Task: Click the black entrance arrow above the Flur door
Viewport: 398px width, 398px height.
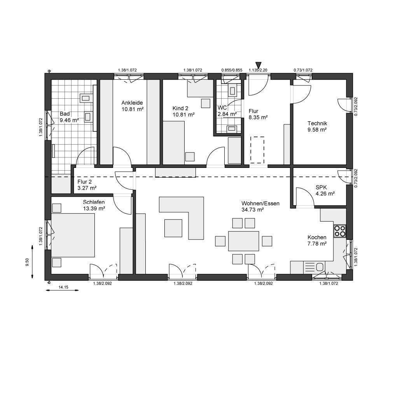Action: click(258, 65)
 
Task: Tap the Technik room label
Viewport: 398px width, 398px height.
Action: click(317, 124)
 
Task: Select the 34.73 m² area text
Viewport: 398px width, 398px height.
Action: click(253, 210)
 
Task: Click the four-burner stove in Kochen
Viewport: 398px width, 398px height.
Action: click(340, 231)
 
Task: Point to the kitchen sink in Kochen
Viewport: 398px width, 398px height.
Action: click(319, 267)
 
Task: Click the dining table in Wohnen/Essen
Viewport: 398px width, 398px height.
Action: click(243, 241)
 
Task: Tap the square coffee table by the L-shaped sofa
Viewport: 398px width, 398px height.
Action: click(173, 228)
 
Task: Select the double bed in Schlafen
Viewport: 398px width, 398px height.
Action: click(73, 235)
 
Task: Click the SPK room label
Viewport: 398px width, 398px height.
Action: click(321, 188)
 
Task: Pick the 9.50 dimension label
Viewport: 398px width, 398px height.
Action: click(27, 262)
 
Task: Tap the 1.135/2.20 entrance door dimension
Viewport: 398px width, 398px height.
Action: click(258, 70)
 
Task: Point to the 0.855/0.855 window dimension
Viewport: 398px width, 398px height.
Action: click(232, 70)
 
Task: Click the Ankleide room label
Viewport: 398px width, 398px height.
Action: click(132, 103)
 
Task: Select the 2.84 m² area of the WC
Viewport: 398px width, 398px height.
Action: click(227, 114)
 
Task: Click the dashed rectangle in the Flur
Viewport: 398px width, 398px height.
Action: click(257, 150)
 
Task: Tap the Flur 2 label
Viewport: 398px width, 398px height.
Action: click(84, 182)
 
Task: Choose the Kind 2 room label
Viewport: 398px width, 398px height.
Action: click(180, 108)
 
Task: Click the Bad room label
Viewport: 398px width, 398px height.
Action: click(65, 114)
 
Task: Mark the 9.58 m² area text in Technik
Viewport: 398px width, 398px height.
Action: click(317, 130)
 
